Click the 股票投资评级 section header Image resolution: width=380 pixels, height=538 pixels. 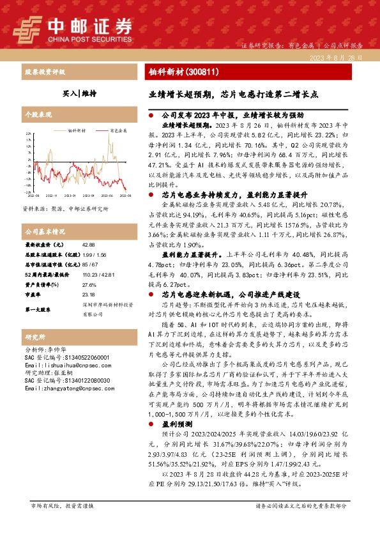(x=43, y=72)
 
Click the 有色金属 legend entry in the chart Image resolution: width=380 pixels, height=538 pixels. (x=119, y=129)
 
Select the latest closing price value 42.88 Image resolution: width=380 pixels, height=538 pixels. (x=88, y=245)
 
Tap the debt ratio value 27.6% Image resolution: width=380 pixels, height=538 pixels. (x=88, y=284)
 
